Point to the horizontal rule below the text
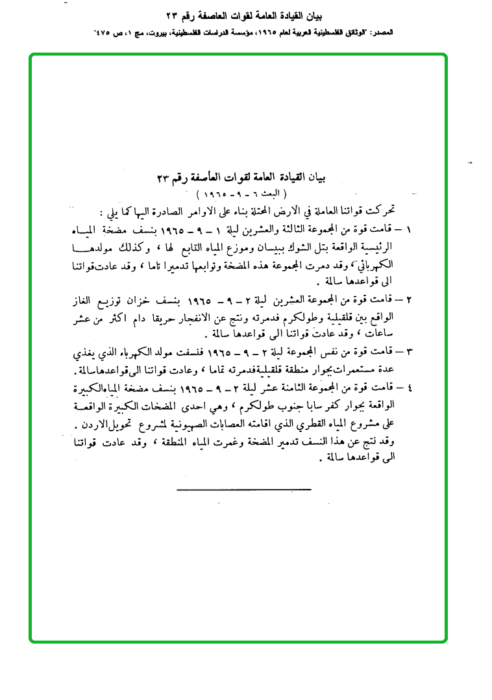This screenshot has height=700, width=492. coord(243,488)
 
